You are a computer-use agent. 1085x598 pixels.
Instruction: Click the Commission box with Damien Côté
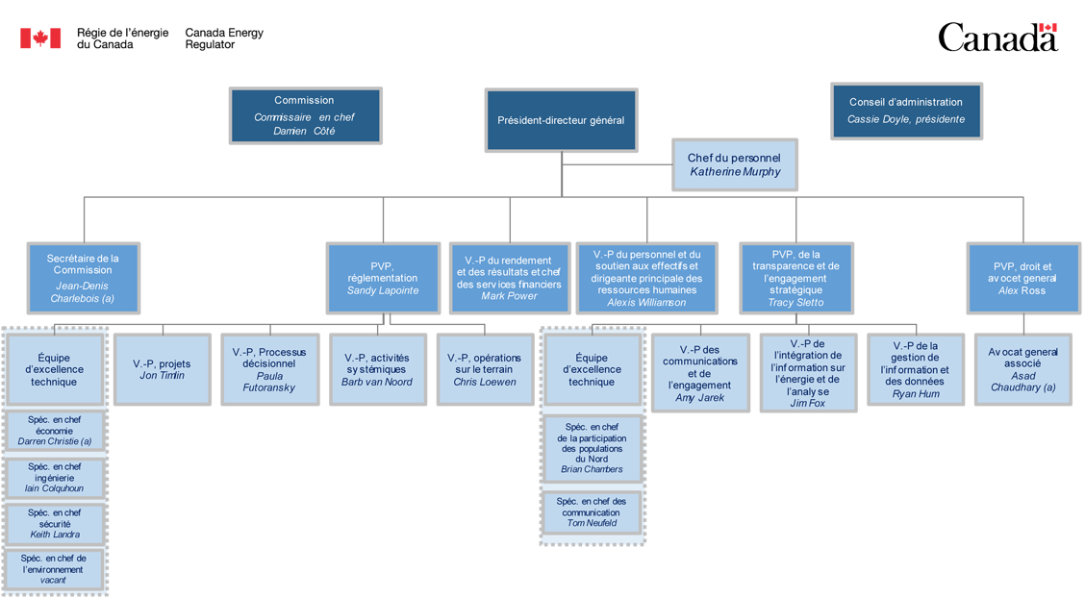[304, 115]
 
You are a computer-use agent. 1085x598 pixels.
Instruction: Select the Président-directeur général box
[561, 120]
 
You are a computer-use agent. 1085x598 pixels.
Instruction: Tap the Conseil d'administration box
[905, 111]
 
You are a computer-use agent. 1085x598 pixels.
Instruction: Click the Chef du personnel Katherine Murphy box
[734, 164]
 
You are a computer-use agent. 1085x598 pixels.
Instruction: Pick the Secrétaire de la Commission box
[83, 278]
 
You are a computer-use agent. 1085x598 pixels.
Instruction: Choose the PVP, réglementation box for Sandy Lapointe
[383, 278]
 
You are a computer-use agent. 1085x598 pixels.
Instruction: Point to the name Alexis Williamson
[646, 302]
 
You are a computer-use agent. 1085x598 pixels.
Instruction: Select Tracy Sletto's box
[795, 278]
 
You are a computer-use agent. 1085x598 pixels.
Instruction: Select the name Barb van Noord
[377, 382]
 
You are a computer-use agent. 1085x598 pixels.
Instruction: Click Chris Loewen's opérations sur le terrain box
[485, 369]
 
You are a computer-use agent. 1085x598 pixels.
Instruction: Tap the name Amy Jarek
[700, 397]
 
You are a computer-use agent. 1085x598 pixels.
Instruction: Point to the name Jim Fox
[809, 403]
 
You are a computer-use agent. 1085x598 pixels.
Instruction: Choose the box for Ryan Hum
[915, 369]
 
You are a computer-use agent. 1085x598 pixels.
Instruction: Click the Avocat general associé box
[1022, 369]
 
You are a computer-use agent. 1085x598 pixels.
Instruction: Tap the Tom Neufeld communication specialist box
[591, 512]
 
